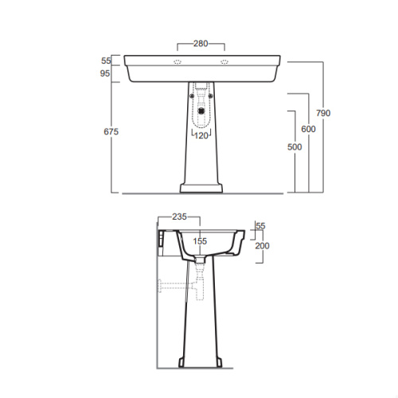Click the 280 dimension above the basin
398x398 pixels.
(x=201, y=43)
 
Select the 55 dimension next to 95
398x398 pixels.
(x=106, y=60)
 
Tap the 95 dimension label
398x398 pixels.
(x=105, y=73)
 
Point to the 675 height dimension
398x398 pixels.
(x=111, y=131)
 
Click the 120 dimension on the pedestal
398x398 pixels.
(x=201, y=136)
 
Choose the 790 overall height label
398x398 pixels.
(x=323, y=113)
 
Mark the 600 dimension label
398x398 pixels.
(x=308, y=129)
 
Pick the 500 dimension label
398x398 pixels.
(x=295, y=146)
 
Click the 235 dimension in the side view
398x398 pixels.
(x=179, y=217)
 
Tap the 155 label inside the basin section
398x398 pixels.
(x=200, y=241)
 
